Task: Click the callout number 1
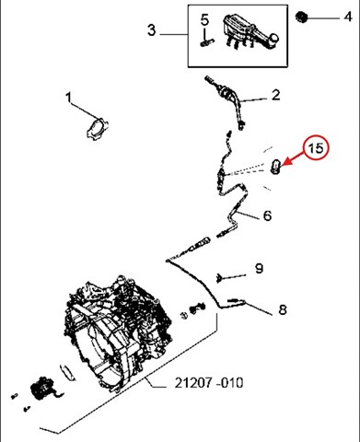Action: pyautogui.click(x=68, y=98)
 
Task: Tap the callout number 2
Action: pyautogui.click(x=276, y=95)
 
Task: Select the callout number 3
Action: pyautogui.click(x=152, y=30)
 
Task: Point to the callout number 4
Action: pyautogui.click(x=348, y=17)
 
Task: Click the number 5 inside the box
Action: pyautogui.click(x=204, y=20)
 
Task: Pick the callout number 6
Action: pyautogui.click(x=267, y=215)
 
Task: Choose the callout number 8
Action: pyautogui.click(x=283, y=309)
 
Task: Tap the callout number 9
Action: pyautogui.click(x=260, y=268)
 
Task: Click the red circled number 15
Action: pyautogui.click(x=316, y=148)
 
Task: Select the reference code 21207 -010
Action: pyautogui.click(x=209, y=383)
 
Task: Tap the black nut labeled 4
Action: pyautogui.click(x=302, y=17)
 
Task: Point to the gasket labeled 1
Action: pyautogui.click(x=97, y=129)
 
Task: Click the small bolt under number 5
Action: pyautogui.click(x=207, y=42)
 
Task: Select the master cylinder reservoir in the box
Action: pyautogui.click(x=250, y=32)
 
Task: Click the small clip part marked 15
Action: pyautogui.click(x=275, y=166)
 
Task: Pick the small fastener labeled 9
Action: pyautogui.click(x=219, y=277)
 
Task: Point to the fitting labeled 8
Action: pyautogui.click(x=236, y=300)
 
